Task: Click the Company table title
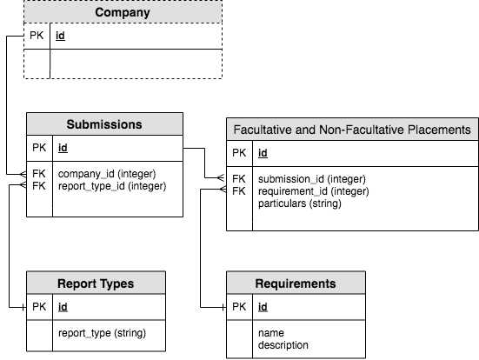pos(123,12)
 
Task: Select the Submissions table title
pos(104,124)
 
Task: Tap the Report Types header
pos(96,283)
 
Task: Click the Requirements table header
pos(296,283)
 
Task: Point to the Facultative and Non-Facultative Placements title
pos(352,130)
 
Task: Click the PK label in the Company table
pos(37,36)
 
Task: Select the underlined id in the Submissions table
pos(63,148)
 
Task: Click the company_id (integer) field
pos(107,174)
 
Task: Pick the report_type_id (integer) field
pos(112,186)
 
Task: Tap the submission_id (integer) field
pos(312,179)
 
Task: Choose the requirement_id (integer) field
pos(314,191)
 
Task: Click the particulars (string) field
pos(300,203)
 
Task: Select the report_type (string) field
pos(102,333)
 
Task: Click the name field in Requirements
pos(271,333)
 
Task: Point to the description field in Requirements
pos(283,345)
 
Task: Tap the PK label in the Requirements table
pos(239,307)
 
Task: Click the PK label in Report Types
pos(39,307)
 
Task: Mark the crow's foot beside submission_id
pos(221,177)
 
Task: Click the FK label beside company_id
pos(39,174)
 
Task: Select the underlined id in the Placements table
pos(263,153)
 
